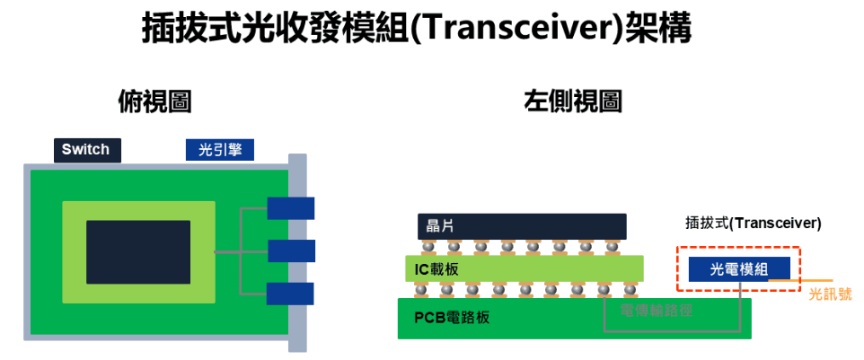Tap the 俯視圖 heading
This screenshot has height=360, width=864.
155,101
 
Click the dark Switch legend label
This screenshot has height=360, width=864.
86,150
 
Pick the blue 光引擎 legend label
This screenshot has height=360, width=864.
220,150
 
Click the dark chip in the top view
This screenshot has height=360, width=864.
138,252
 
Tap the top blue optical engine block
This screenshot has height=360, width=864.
291,208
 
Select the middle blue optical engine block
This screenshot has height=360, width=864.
291,250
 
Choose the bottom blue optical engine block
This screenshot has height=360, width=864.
290,294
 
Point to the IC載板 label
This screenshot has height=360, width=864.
439,268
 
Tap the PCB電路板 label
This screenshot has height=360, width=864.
453,318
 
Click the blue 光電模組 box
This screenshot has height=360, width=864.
739,268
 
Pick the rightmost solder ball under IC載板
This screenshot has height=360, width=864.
632,289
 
